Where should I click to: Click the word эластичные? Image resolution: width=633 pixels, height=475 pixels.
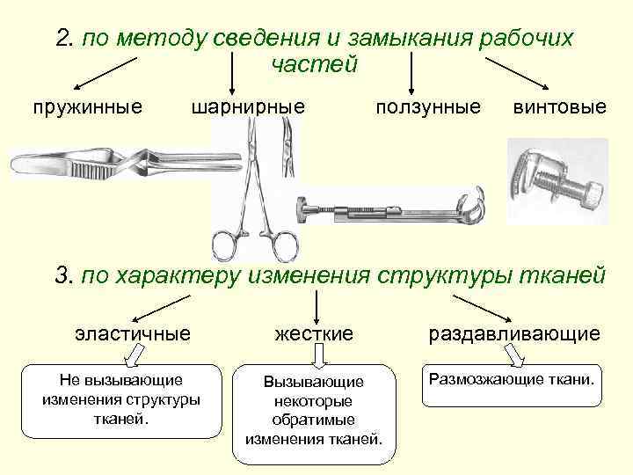(132, 333)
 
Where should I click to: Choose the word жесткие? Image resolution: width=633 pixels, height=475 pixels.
(314, 333)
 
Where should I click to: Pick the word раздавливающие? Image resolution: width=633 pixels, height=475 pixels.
(514, 333)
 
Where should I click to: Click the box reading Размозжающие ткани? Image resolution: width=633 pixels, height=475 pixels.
(513, 385)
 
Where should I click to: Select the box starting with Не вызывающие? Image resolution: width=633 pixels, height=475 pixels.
(120, 400)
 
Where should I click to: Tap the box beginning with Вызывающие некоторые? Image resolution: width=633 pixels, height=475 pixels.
(314, 413)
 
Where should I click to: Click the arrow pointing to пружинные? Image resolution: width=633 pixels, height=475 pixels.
(105, 73)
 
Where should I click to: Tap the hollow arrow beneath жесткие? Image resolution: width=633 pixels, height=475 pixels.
(320, 355)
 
